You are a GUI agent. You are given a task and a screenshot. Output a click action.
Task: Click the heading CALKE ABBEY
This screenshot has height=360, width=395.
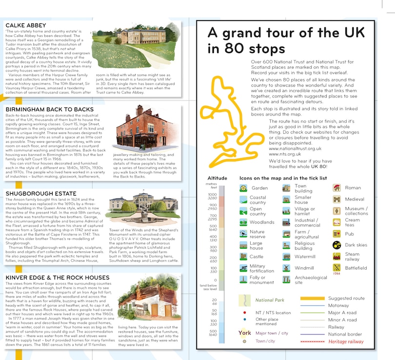point(25,25)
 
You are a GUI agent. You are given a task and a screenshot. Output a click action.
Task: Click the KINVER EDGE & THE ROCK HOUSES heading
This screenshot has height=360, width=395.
point(57,278)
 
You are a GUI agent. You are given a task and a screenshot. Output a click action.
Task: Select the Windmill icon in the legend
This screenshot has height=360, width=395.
point(286,268)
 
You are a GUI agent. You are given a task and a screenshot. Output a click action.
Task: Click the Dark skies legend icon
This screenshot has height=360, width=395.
point(336,245)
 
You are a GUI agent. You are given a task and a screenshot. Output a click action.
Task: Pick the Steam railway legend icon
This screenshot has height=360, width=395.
point(336,257)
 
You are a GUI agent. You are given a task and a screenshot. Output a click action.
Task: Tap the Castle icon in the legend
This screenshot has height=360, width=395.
point(243,256)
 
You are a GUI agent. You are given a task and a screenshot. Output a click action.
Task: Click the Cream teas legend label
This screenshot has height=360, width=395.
point(353,223)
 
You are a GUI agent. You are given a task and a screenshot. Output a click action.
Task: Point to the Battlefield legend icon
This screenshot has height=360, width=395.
point(336,268)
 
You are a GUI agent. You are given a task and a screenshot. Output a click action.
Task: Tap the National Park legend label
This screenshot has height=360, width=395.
point(270,300)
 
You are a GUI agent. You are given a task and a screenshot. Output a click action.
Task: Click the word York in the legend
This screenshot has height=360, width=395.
point(245,333)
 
